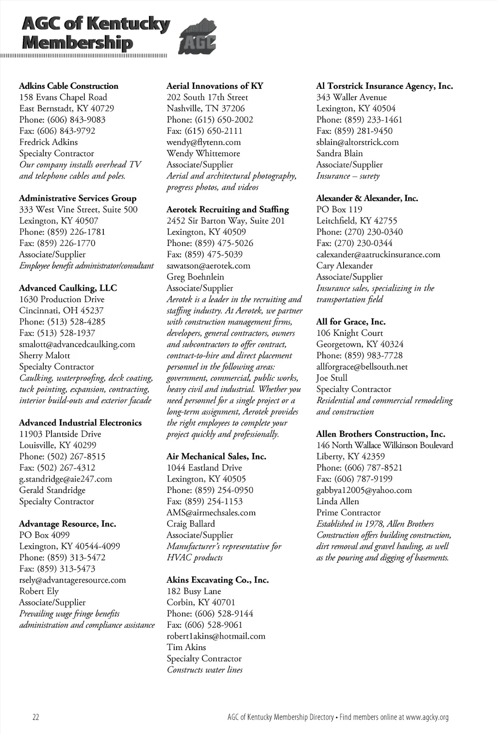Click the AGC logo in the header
point(198,38)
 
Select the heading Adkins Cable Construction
point(68,86)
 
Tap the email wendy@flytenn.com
point(203,142)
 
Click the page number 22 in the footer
point(36,717)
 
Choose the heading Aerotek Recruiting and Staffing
point(228,210)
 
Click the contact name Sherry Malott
point(45,356)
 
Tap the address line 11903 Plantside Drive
point(60,434)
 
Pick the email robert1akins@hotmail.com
point(216,636)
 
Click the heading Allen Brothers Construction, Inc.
point(381,434)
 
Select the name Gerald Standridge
point(52,490)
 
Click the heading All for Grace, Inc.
point(351,322)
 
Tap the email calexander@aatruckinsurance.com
point(378,254)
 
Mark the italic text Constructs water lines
point(204,670)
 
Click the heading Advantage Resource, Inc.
point(67,524)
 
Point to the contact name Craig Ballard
point(191,524)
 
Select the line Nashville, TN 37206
point(206,109)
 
